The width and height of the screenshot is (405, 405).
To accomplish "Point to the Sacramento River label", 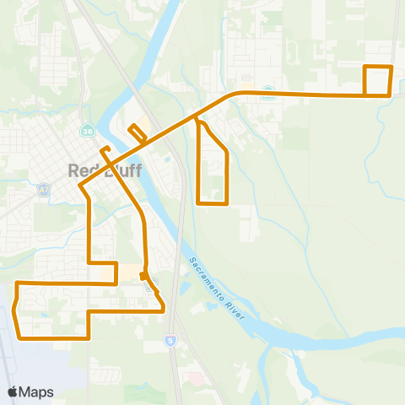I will tap(217, 288).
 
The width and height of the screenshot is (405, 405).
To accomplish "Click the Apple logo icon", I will tap(13, 391).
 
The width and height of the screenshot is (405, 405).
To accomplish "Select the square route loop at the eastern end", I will tap(378, 80).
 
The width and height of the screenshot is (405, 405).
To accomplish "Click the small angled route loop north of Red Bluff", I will tap(136, 133).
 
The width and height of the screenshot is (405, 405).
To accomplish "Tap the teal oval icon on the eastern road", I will tap(268, 94).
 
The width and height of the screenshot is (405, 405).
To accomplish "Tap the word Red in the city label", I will tap(80, 170).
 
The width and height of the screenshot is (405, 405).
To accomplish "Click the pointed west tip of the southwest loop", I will tap(13, 310).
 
